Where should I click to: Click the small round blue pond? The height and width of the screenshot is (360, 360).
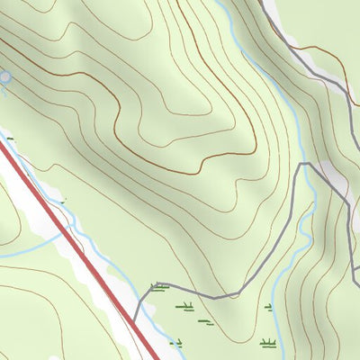click(4, 78)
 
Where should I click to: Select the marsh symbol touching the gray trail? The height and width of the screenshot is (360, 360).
click(159, 288)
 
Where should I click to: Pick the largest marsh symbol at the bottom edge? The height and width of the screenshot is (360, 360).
click(267, 343)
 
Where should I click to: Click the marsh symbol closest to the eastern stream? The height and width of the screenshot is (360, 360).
click(268, 308)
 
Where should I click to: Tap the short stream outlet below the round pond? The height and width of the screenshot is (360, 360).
click(6, 90)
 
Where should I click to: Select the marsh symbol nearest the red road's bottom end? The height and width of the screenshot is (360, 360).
click(175, 342)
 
